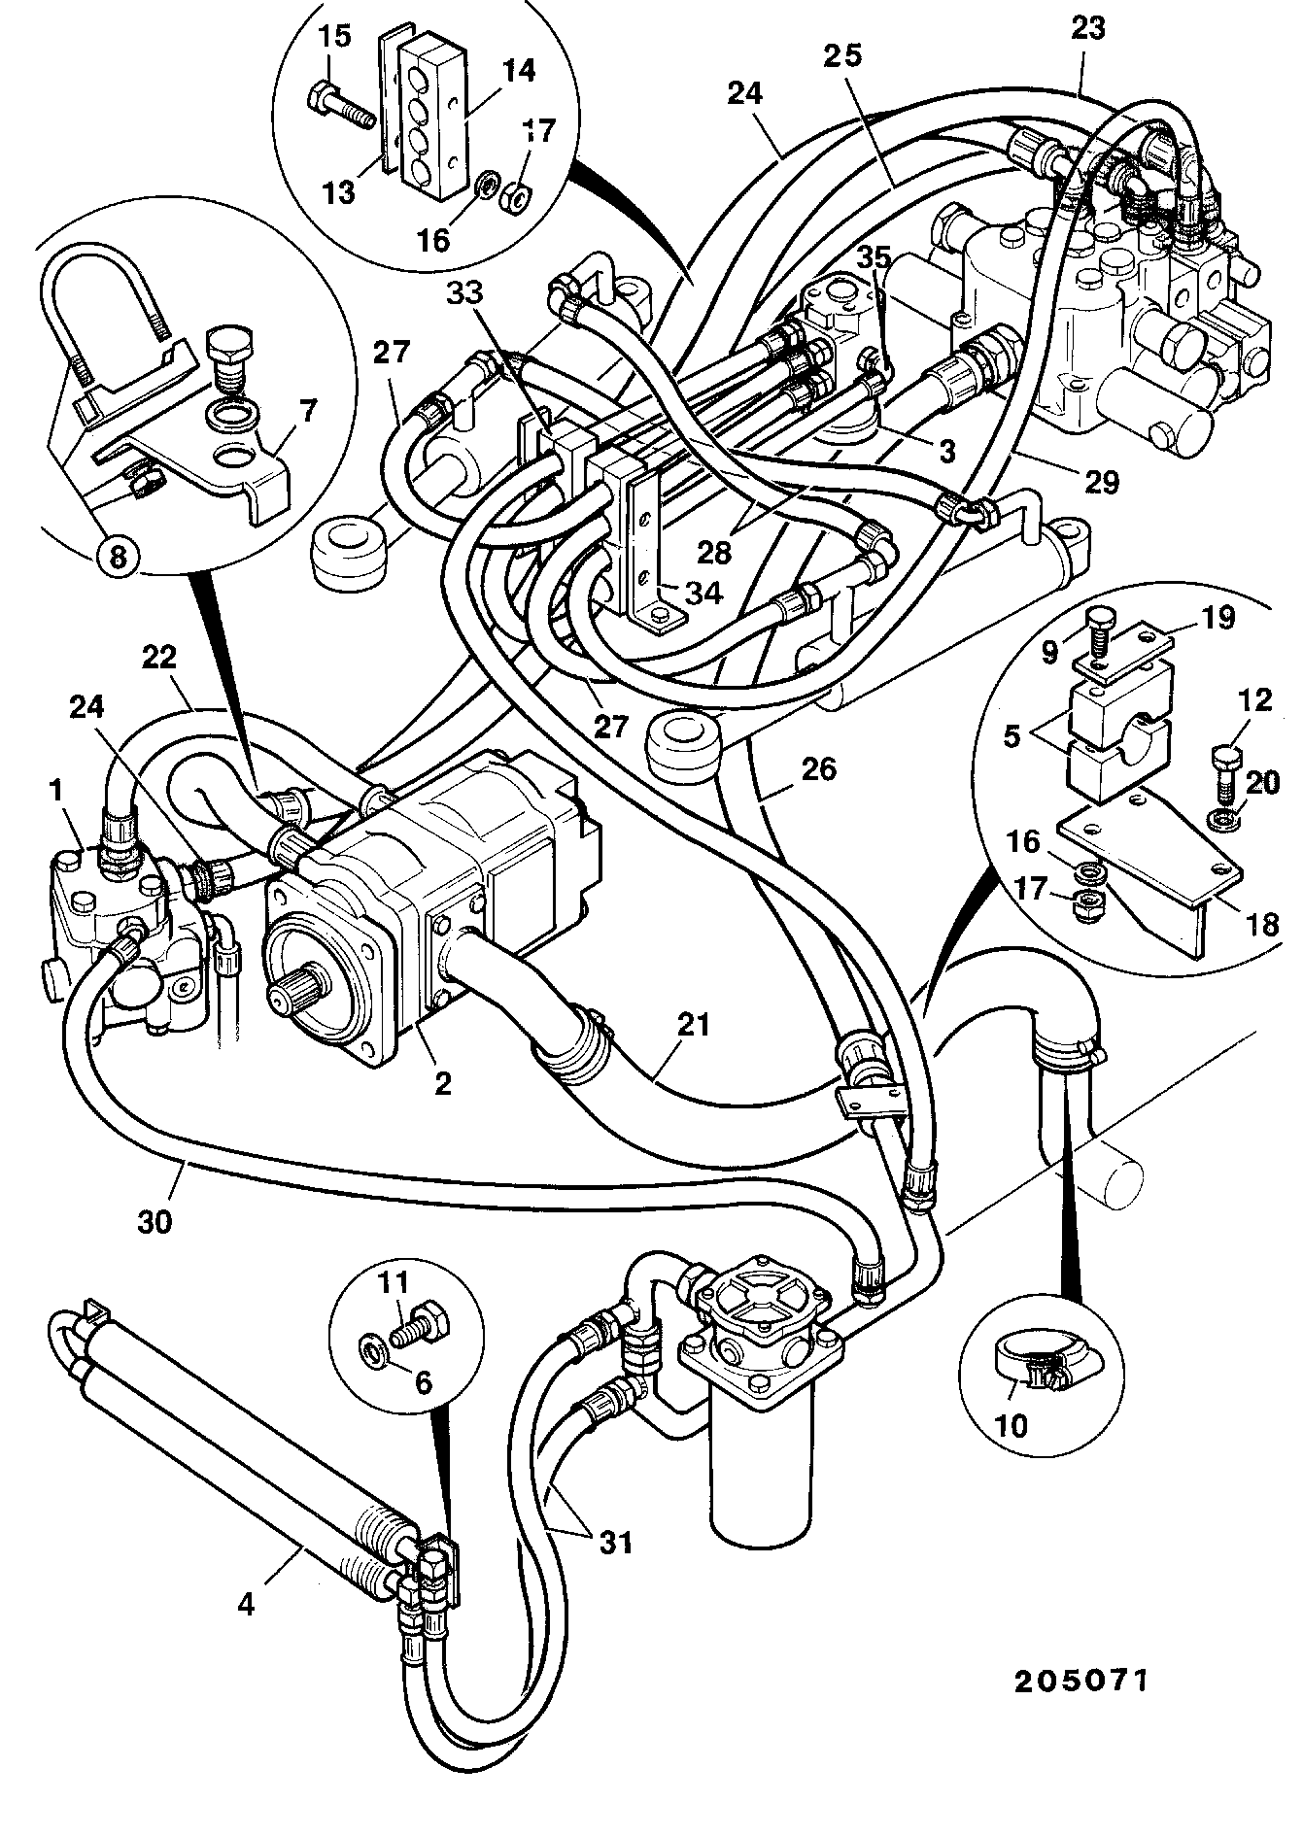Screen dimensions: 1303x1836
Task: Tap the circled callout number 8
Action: click(117, 557)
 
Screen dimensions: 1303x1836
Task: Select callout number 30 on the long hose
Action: click(154, 1219)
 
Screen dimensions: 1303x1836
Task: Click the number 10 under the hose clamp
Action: click(1011, 1425)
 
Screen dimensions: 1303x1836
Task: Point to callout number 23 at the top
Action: click(1088, 28)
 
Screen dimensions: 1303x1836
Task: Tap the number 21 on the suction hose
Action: click(695, 1025)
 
